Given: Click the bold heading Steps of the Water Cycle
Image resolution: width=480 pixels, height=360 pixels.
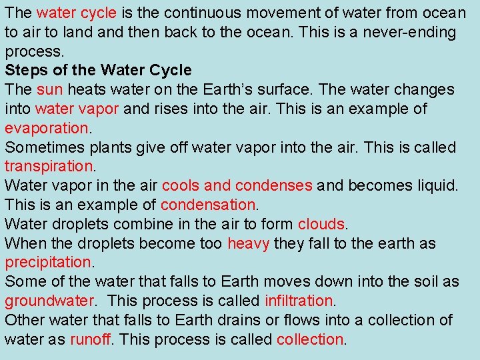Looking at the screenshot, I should (98, 70).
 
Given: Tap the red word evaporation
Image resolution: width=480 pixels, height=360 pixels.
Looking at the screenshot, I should (46, 128).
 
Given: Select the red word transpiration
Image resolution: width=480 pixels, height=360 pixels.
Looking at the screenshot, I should (49, 166).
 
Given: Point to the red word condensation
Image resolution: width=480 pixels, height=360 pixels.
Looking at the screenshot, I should (208, 205).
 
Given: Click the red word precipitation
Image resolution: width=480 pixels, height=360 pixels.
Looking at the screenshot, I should (47, 263).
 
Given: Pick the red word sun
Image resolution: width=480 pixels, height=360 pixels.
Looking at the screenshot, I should (50, 89).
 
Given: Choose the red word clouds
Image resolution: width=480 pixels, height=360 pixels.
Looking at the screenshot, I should (322, 224).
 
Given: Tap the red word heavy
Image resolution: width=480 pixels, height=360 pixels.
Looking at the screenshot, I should (248, 243).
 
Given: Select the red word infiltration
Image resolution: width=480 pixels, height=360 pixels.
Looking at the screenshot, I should (298, 301).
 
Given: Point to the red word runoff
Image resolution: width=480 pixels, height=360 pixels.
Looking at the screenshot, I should (90, 339).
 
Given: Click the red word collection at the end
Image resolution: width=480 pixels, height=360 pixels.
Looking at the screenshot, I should (309, 339).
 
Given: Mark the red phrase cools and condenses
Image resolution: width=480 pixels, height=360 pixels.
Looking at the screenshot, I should (237, 185).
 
